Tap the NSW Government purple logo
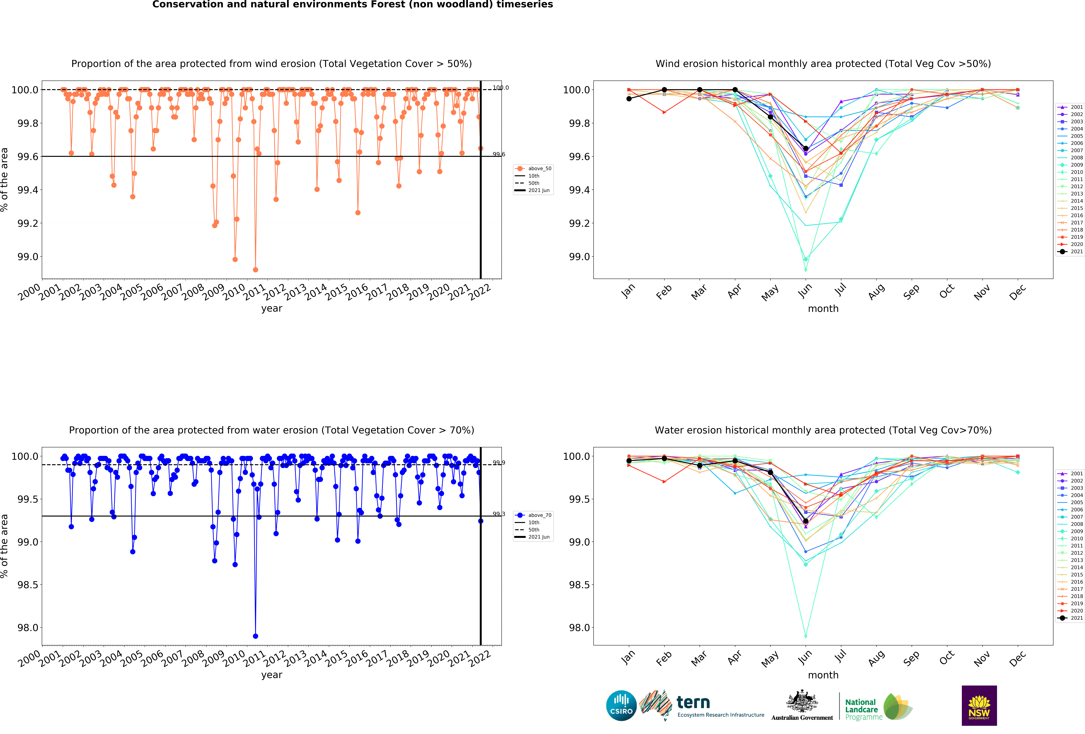979,706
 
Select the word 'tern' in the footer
693,702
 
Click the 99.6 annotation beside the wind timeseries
499,154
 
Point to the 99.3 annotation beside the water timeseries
499,514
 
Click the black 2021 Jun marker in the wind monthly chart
805,149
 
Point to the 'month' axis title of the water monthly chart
823,675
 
